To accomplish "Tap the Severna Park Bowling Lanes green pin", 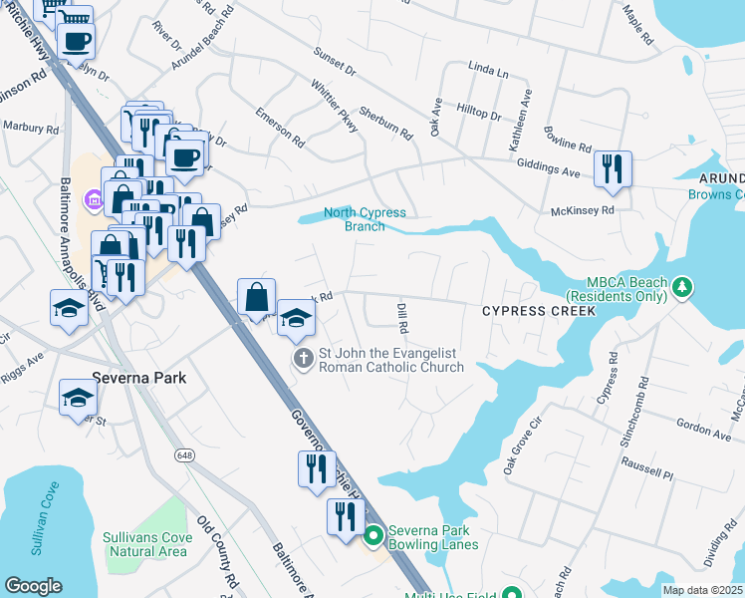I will (x=373, y=536).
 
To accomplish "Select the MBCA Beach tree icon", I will (x=681, y=289).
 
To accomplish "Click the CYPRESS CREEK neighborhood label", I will (x=539, y=311).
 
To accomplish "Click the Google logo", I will (x=33, y=586).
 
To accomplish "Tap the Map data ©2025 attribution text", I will (x=701, y=590).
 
